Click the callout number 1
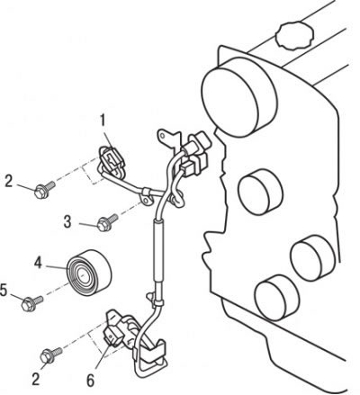click(103, 121)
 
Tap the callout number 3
click(67, 222)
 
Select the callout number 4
click(38, 263)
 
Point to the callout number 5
click(4, 290)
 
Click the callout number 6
click(90, 381)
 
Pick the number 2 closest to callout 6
click(36, 380)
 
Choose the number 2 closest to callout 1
click(9, 182)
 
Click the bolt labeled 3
click(107, 222)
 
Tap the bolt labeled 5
click(32, 303)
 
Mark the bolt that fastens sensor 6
click(50, 355)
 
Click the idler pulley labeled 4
click(89, 273)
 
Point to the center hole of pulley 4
click(82, 275)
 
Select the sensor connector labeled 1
click(110, 159)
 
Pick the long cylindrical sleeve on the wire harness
click(158, 251)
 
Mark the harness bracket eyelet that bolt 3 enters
click(146, 201)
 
